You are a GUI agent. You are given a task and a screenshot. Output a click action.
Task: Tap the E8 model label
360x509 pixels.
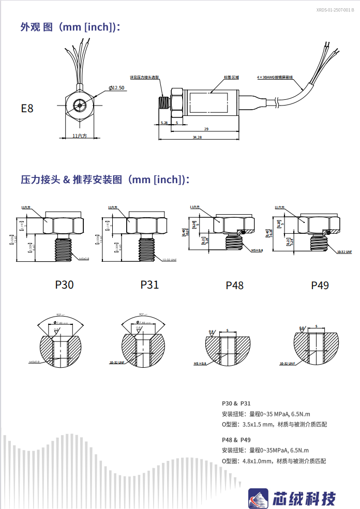tap(27, 109)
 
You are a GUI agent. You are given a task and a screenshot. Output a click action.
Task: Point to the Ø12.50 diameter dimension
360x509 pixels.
tap(117, 88)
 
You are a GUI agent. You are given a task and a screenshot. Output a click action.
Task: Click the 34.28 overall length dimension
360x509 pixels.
tap(197, 138)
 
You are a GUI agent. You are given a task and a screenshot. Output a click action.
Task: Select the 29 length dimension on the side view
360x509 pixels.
tap(206, 129)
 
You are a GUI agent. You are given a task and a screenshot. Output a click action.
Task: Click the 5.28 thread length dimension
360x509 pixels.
tap(164, 123)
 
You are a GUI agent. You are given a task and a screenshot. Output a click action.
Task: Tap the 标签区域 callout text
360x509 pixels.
tap(231, 77)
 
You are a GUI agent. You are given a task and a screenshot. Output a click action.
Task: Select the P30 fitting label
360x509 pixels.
tap(64, 285)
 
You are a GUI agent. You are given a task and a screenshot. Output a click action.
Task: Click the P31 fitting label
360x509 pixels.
tap(149, 285)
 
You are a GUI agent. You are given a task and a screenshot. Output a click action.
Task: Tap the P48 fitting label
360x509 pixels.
tap(234, 285)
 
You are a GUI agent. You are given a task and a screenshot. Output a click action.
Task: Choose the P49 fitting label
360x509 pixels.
tap(320, 285)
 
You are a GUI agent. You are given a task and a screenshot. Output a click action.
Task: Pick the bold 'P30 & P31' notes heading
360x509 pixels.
tap(236, 403)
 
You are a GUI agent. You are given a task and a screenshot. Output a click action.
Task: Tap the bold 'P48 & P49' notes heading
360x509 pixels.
tap(236, 440)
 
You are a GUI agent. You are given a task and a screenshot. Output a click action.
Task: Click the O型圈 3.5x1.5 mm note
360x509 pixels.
tap(274, 424)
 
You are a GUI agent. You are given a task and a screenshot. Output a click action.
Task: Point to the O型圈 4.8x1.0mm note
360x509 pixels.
tap(274, 461)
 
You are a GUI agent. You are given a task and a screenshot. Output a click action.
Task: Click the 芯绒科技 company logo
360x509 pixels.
tap(292, 498)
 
